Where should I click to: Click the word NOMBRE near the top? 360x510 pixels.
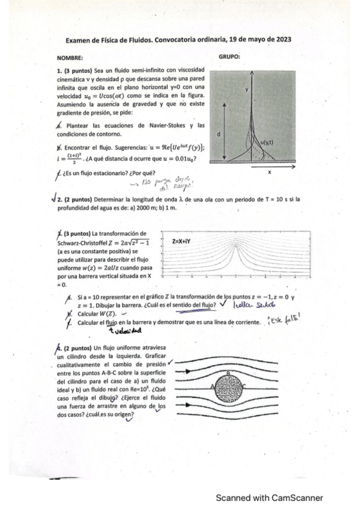point(70,58)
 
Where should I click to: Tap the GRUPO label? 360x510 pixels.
point(230,57)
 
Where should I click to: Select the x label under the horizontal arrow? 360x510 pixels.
point(270,173)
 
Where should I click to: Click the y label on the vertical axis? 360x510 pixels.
point(246,89)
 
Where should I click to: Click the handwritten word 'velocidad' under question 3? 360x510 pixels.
point(123,330)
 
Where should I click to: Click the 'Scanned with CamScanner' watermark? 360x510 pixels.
point(270,497)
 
